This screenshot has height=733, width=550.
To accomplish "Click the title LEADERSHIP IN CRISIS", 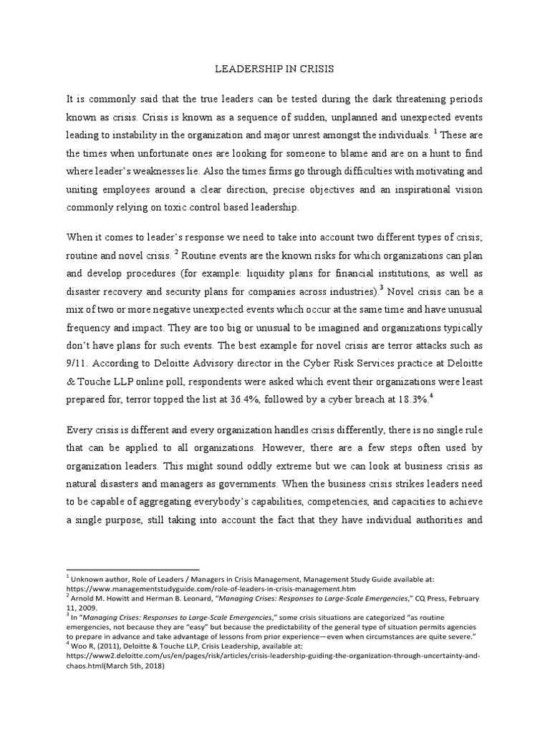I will click(275, 69).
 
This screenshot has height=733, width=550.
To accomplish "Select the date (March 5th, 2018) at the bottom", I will click(126, 665).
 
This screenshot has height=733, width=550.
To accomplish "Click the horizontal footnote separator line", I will click(132, 569).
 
